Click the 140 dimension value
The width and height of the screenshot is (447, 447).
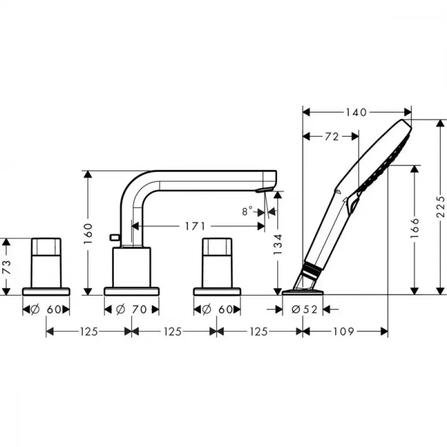coord(356,112)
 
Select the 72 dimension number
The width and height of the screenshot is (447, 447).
coord(332,137)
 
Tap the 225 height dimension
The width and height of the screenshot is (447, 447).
coord(441,207)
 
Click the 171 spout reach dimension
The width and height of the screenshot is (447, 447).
coord(195,226)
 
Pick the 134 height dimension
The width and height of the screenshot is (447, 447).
coord(278,244)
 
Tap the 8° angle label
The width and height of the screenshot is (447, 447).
coord(247,211)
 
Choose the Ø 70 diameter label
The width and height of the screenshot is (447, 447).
coord(131,309)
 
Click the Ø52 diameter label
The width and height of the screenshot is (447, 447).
coord(304,309)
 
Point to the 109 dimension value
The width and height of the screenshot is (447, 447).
coord(344,332)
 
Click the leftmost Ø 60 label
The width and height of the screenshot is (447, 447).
coord(46,309)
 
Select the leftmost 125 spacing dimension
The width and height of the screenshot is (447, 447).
coord(89,332)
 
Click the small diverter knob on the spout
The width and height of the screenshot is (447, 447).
coord(114,237)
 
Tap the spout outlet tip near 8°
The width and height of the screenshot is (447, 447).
coord(265,190)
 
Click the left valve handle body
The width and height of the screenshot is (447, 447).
coord(46,262)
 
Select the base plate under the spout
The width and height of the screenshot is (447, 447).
coord(131,291)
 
